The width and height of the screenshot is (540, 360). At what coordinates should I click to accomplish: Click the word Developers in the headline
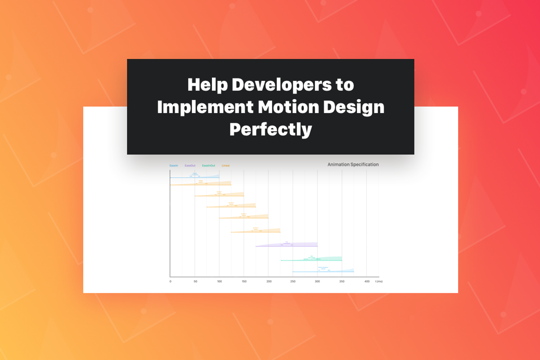click(x=292, y=85)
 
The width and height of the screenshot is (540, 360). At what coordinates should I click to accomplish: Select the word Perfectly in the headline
click(x=270, y=130)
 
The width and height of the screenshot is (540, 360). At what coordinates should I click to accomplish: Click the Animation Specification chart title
click(x=353, y=165)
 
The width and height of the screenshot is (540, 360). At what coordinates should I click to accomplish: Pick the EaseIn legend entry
click(x=174, y=166)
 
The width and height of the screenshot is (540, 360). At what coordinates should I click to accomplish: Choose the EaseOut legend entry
click(x=190, y=166)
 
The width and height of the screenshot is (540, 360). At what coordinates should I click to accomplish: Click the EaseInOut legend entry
click(x=208, y=166)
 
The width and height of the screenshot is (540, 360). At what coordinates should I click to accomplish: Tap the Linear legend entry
click(x=226, y=166)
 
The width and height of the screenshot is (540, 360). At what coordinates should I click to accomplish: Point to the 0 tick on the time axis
click(x=170, y=282)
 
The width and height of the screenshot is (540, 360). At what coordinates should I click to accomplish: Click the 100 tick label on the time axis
click(x=219, y=282)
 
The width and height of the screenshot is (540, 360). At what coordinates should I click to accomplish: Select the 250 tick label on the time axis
click(x=293, y=282)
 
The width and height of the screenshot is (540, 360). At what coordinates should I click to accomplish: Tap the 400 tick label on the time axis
click(x=367, y=282)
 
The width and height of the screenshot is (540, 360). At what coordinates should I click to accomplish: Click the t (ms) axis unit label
click(x=379, y=282)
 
